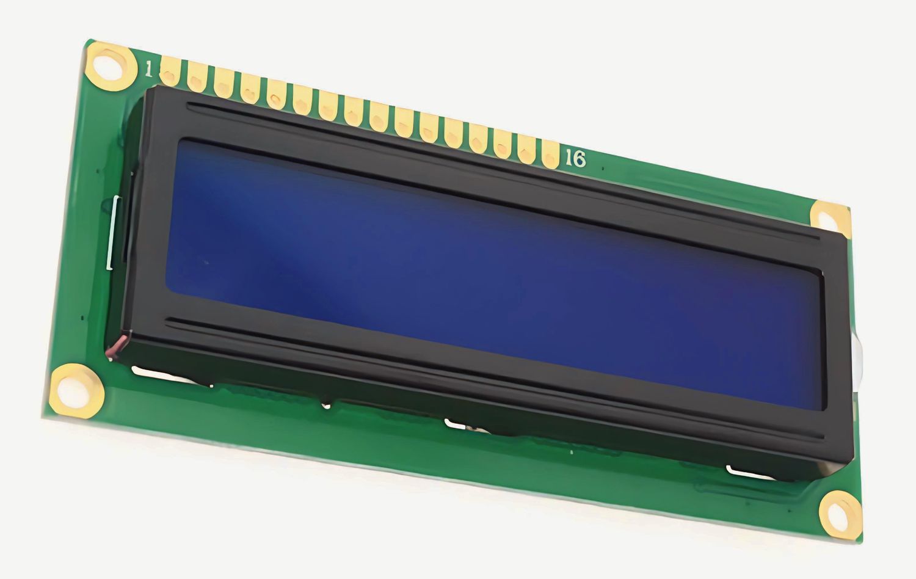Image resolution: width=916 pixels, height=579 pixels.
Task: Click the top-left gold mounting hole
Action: click(x=111, y=66)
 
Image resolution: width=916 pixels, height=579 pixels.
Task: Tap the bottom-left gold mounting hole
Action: click(x=76, y=391)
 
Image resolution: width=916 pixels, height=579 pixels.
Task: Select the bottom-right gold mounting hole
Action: click(x=841, y=515)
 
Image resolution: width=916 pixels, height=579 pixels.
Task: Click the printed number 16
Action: click(x=575, y=158)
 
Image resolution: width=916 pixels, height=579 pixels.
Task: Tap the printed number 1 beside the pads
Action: click(x=148, y=70)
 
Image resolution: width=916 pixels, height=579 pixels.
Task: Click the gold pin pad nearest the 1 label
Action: click(x=170, y=71)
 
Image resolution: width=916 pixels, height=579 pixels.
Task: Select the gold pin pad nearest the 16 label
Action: click(x=551, y=154)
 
